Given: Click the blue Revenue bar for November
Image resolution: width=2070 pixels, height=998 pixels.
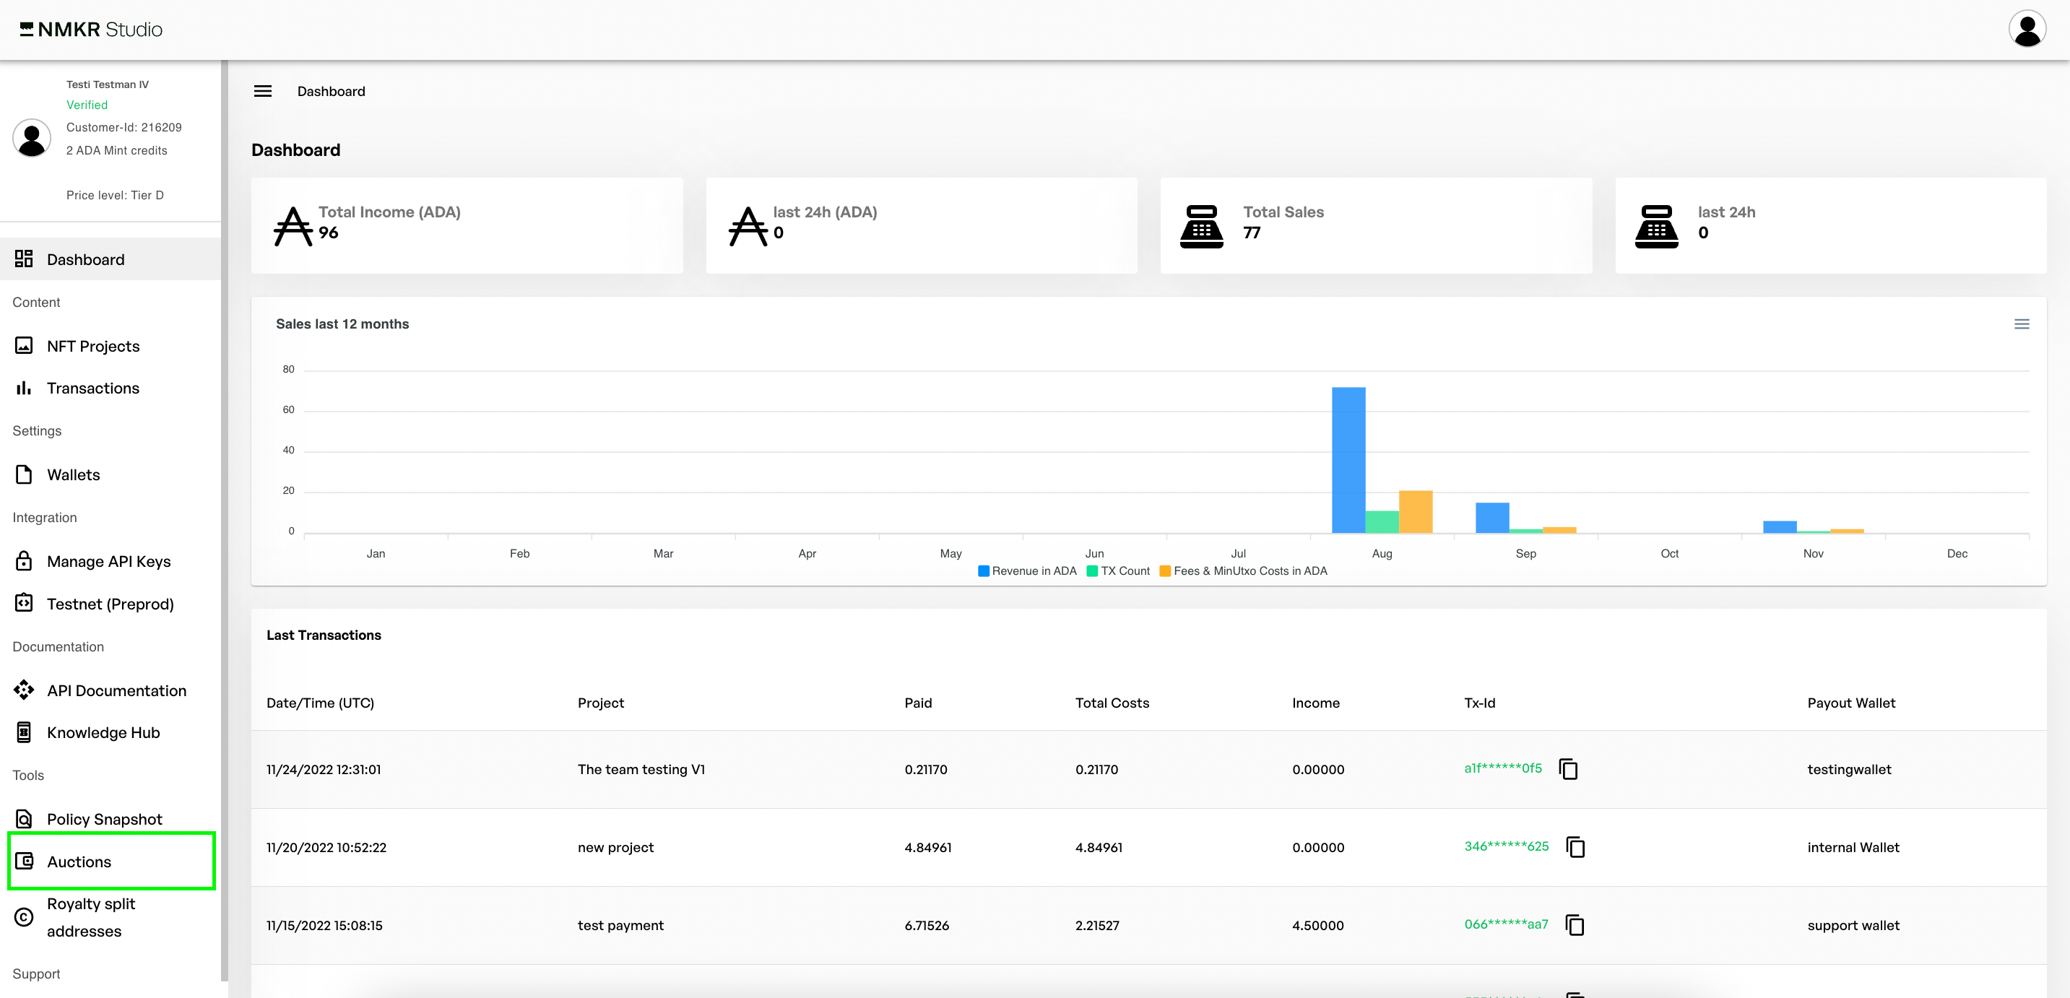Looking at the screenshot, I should pos(1779,526).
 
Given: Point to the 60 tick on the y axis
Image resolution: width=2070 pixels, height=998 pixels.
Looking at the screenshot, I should pos(288,409).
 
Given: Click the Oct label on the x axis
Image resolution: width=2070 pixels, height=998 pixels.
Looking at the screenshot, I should pos(1669,554).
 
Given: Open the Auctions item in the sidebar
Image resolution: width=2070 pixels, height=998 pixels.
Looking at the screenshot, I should pos(79,862).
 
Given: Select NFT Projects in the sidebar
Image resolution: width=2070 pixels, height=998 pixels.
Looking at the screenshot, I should pos(93,347).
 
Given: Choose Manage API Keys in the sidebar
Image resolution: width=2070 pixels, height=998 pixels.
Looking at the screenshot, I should pos(108,562).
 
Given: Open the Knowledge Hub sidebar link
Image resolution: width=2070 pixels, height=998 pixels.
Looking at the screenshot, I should pos(103,733).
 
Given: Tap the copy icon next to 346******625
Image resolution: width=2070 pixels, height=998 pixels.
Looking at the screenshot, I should pos(1575,847).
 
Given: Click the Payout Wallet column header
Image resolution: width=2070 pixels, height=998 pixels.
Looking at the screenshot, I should pos(1850,703).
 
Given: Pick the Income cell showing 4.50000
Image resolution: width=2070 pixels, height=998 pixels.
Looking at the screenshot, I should pos(1317,926).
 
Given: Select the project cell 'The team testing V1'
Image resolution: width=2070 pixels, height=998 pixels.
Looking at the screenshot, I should pos(641,770).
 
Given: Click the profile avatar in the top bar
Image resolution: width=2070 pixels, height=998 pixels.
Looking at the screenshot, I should pos(2027,30).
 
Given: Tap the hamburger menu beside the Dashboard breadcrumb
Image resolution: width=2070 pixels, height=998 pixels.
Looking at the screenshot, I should pos(263,92).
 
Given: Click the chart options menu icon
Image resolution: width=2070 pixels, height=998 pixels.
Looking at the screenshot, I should pos(2021,324).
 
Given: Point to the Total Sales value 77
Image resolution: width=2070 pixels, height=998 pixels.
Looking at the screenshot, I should pos(1251,233).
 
